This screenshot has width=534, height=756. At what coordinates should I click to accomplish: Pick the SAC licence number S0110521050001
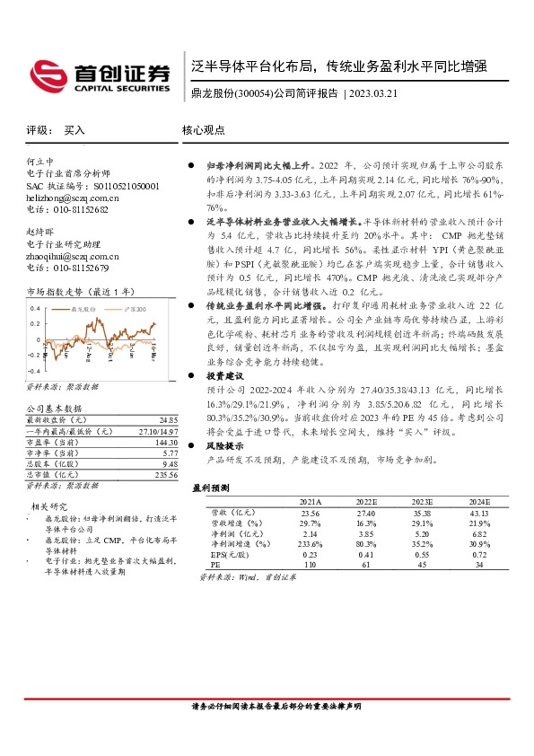pos(110,185)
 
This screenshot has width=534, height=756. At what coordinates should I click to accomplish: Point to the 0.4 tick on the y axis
pos(35,308)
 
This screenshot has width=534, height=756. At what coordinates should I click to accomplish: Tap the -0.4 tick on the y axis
pos(33,370)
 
